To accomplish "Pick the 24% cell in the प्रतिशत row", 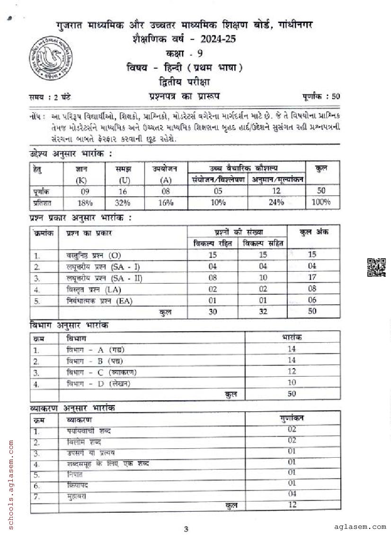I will pyautogui.click(x=276, y=202).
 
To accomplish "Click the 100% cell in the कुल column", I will pyautogui.click(x=321, y=202).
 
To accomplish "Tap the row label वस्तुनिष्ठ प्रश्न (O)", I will pyautogui.click(x=94, y=255).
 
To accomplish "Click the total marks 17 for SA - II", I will pyautogui.click(x=312, y=278).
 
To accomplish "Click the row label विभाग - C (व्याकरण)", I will pyautogui.click(x=98, y=372).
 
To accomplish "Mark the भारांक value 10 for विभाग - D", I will pyautogui.click(x=292, y=382).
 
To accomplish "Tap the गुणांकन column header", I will pyautogui.click(x=292, y=418).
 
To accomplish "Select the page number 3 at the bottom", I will pyautogui.click(x=186, y=529).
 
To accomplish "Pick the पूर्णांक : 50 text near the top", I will pyautogui.click(x=321, y=97).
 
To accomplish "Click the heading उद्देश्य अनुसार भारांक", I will pyautogui.click(x=71, y=154).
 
